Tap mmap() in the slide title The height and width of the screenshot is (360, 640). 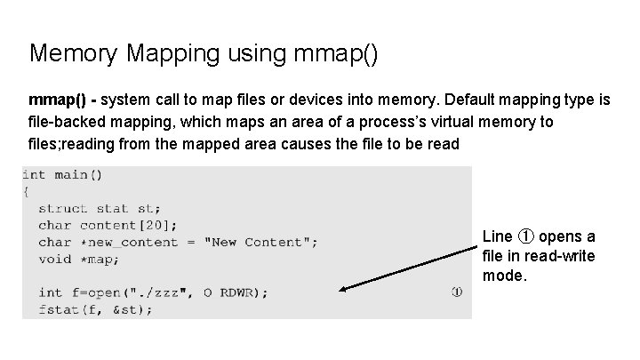(x=333, y=53)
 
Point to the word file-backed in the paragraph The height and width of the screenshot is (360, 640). (x=68, y=122)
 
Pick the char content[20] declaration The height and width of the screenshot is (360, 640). (x=108, y=225)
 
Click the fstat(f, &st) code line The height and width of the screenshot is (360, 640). (x=95, y=309)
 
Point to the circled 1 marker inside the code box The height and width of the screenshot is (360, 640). (x=456, y=292)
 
